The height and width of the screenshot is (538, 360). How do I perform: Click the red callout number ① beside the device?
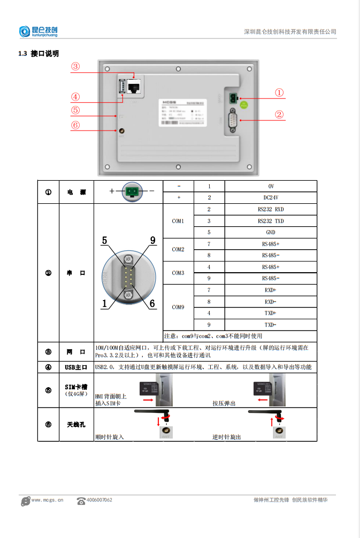coord(279,92)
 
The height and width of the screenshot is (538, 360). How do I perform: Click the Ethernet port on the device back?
coord(134,86)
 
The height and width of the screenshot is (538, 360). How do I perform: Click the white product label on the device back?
coord(181,112)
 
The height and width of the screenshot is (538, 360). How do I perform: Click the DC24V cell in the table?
coord(270,197)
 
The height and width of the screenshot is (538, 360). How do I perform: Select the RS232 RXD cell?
coord(270,209)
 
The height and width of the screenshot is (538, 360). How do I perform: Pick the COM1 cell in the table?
coord(178,221)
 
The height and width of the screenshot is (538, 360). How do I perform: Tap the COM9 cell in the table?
coord(178,308)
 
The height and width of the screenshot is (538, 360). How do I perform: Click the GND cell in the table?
coord(270,233)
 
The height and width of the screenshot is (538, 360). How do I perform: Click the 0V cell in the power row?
coord(270,186)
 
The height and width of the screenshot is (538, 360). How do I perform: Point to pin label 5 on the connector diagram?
coord(105,240)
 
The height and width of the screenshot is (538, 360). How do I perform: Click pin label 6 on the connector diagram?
coord(152,303)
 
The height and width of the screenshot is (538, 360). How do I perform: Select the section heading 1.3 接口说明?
coord(39,53)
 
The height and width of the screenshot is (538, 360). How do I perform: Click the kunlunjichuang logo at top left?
coord(39,32)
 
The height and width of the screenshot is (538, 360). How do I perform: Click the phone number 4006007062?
coord(99,500)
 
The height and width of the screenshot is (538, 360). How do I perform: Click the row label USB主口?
coord(75,367)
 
